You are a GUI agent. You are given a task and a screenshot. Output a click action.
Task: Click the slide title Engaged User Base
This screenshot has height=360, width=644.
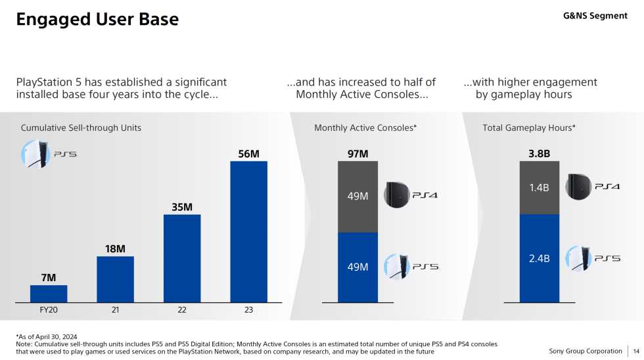pos(97,20)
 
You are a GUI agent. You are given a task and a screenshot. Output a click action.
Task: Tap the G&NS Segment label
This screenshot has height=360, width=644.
pos(595,16)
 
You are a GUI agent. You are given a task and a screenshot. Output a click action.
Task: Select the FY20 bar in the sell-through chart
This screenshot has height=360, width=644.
pos(49,294)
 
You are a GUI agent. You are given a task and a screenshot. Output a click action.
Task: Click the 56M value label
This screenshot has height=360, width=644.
pos(248,154)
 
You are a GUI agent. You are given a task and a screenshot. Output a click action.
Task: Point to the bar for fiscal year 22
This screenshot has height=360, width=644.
pos(182,258)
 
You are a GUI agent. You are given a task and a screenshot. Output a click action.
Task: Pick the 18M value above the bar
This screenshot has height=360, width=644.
pos(115,249)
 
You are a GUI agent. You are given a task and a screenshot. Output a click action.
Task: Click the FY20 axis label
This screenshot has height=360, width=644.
pos(49,310)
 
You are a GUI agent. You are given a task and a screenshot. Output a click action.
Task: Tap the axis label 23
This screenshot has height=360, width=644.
pos(248,310)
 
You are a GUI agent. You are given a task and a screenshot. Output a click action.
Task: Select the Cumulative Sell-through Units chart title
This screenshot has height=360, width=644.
pos(81,127)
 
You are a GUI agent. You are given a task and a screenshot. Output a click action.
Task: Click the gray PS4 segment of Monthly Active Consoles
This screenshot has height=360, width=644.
pos(357,196)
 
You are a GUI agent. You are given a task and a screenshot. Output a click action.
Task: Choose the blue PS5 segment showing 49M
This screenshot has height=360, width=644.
pos(357,267)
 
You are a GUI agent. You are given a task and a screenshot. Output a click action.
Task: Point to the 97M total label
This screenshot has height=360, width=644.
pos(357,154)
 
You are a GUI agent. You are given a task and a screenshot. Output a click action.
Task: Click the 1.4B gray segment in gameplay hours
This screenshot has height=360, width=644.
pos(539,188)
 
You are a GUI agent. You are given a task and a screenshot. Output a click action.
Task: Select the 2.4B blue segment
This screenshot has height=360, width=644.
pos(539,258)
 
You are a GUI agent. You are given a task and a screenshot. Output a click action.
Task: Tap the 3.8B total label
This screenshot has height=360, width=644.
pos(539,154)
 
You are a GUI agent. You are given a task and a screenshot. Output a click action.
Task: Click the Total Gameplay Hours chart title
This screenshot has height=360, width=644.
pos(529,127)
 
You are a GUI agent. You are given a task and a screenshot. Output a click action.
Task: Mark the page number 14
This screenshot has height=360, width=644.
pos(635,351)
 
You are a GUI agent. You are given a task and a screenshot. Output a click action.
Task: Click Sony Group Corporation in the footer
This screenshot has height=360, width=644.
pos(586,351)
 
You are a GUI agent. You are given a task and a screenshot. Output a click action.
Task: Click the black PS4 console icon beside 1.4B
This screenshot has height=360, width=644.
pos(580,187)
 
